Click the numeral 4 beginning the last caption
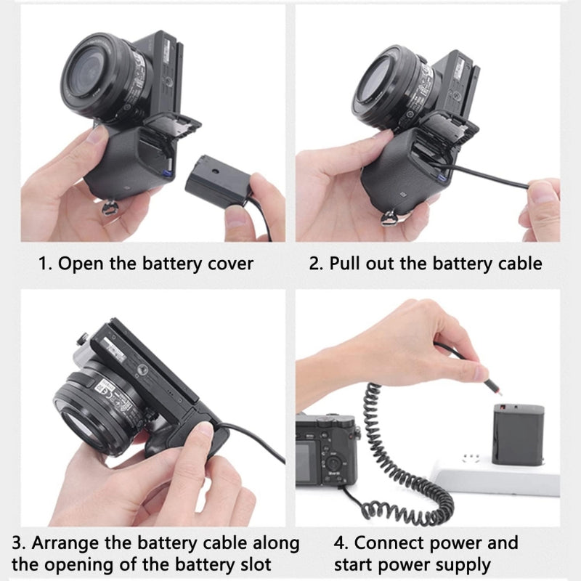coord(339,543)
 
